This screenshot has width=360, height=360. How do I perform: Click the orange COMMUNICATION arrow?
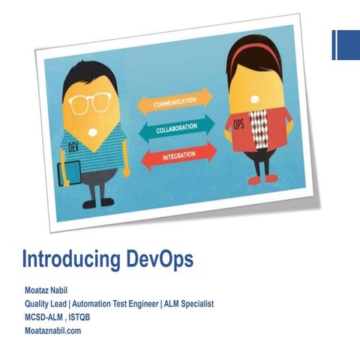(174, 102)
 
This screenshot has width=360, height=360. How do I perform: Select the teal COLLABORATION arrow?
(175, 127)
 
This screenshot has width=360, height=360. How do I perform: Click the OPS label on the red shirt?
(239, 123)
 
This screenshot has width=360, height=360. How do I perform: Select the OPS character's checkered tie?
(259, 128)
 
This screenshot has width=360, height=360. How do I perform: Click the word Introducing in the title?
(70, 259)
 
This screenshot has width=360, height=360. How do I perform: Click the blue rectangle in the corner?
(346, 44)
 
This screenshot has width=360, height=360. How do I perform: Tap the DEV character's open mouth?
(92, 131)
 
